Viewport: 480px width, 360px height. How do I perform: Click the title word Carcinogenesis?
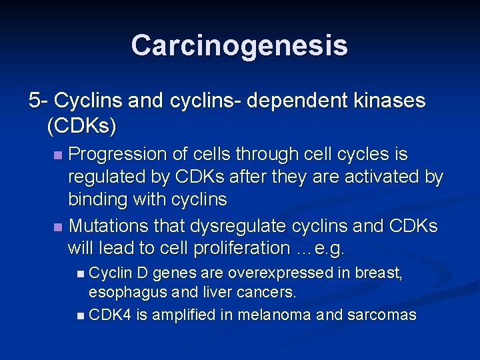click(x=239, y=45)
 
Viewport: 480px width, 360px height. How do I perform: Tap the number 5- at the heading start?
click(x=38, y=101)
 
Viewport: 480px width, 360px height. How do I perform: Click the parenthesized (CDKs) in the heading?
click(x=82, y=125)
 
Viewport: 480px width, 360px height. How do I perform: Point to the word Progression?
click(x=117, y=155)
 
